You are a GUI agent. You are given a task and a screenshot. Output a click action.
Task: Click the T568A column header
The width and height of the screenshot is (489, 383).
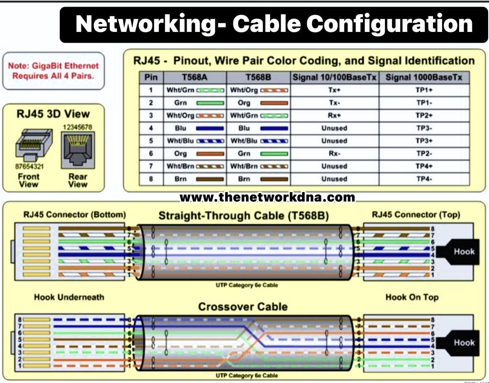click(195, 78)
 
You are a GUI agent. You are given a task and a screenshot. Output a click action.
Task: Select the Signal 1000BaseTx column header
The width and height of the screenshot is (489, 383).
click(424, 78)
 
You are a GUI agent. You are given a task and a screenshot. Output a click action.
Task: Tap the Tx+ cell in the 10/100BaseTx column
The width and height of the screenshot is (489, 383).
click(334, 90)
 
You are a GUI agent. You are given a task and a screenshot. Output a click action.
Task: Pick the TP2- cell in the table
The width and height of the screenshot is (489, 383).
click(424, 154)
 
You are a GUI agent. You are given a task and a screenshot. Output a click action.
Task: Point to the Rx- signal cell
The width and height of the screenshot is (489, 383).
click(334, 154)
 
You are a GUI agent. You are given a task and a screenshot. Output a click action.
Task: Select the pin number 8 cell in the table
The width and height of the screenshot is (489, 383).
click(151, 179)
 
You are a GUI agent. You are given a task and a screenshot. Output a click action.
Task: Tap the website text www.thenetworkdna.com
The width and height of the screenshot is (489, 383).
click(267, 197)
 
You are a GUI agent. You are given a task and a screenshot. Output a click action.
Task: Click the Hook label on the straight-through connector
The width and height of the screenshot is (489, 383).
click(464, 251)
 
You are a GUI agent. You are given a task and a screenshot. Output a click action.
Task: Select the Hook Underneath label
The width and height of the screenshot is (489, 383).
click(69, 297)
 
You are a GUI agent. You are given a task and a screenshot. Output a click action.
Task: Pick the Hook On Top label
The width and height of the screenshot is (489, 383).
click(411, 297)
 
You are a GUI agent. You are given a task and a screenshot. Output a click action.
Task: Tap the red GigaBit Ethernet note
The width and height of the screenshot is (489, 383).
click(53, 70)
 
